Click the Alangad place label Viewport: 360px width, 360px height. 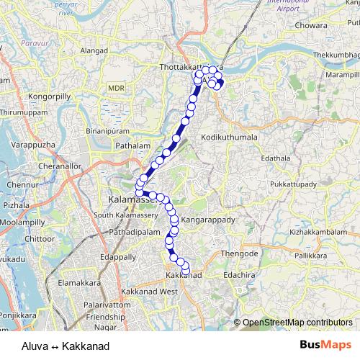94,51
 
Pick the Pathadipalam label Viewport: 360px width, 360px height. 135,233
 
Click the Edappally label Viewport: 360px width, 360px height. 118,256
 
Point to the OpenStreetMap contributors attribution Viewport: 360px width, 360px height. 297,323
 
